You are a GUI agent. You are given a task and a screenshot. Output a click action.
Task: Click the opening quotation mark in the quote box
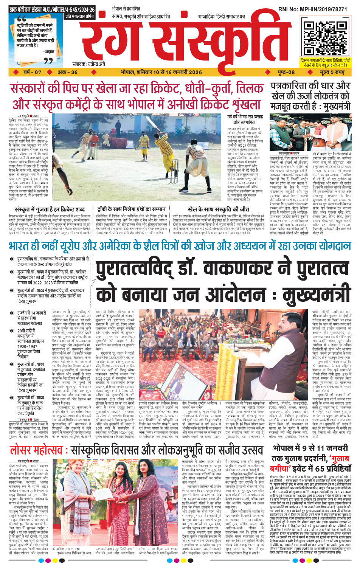pos(22,19)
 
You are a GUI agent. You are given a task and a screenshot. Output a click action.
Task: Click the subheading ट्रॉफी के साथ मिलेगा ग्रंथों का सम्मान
pos(131,209)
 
